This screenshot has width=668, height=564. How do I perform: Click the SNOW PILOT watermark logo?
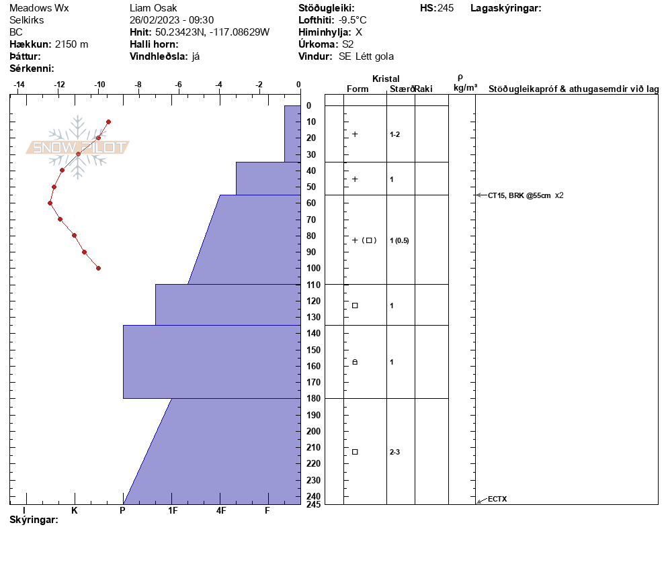pyautogui.click(x=78, y=148)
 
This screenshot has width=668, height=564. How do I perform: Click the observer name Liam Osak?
pyautogui.click(x=153, y=8)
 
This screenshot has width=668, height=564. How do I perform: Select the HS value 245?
pyautogui.click(x=446, y=8)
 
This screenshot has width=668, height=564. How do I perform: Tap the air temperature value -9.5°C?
pyautogui.click(x=353, y=20)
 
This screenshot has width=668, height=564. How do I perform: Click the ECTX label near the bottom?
pyautogui.click(x=497, y=499)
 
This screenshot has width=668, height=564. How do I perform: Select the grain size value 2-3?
pyautogui.click(x=394, y=452)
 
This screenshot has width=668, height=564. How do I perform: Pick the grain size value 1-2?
pyautogui.click(x=394, y=134)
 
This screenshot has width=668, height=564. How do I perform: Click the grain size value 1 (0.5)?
pyautogui.click(x=399, y=240)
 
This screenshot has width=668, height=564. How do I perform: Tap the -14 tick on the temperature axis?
pyautogui.click(x=19, y=85)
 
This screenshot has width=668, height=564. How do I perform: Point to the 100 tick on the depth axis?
pyautogui.click(x=312, y=269)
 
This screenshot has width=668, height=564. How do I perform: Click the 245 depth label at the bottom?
pyautogui.click(x=312, y=504)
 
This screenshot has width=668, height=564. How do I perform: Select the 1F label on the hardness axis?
pyautogui.click(x=173, y=510)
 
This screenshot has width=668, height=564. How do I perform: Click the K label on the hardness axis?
pyautogui.click(x=75, y=510)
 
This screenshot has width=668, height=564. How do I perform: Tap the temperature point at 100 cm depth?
pyautogui.click(x=98, y=268)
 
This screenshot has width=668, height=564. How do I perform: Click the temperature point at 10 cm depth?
pyautogui.click(x=108, y=122)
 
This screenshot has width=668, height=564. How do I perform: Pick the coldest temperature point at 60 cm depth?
pyautogui.click(x=50, y=203)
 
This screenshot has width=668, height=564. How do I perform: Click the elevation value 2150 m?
pyautogui.click(x=71, y=44)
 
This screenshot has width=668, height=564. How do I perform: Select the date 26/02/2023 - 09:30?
pyautogui.click(x=171, y=20)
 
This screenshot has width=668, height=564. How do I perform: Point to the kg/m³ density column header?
pyautogui.click(x=465, y=88)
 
